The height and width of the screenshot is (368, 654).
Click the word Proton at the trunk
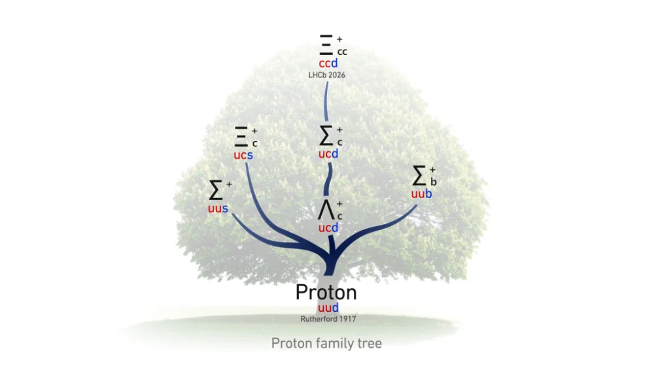[326, 292]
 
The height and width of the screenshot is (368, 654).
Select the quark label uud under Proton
[328, 308]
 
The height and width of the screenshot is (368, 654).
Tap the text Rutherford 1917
[328, 319]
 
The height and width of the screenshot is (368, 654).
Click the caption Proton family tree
[326, 343]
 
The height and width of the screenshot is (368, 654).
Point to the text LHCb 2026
[326, 75]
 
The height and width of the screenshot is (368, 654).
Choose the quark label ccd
[328, 63]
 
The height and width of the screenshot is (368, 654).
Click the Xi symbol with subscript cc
[326, 44]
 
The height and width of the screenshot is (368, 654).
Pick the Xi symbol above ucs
[241, 136]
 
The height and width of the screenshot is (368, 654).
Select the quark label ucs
[243, 155]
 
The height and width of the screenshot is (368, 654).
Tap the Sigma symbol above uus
[215, 190]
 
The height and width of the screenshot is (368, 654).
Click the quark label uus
[218, 209]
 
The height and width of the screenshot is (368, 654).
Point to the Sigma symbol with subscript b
[419, 175]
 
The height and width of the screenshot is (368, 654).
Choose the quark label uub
[421, 193]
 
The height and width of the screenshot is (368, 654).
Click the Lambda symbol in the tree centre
[326, 209]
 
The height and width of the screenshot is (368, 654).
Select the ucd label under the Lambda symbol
[328, 227]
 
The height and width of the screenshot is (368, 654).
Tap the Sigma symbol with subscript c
[326, 135]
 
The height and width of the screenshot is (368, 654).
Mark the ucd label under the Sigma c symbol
[328, 154]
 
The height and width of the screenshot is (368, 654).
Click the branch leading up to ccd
[326, 101]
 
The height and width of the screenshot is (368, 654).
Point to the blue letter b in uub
[428, 193]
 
